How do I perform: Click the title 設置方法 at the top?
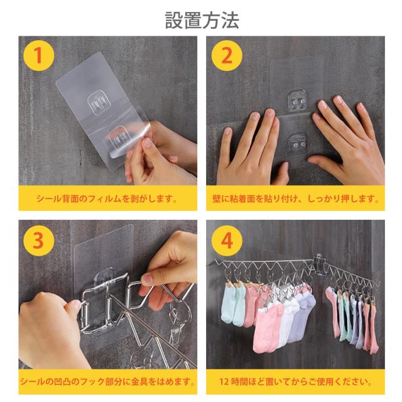coord(202,20)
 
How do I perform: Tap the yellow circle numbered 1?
coord(39,56)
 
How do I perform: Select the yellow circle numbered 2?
coord(227,56)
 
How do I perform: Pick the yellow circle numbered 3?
coord(39,241)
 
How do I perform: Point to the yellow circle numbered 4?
coord(227,241)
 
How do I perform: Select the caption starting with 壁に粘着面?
coord(296,198)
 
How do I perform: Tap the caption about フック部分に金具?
coord(107,382)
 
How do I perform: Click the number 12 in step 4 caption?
coord(224,382)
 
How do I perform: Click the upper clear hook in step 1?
coord(99,104)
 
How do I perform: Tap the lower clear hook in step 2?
coord(297,143)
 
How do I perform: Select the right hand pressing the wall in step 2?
coord(347,138)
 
